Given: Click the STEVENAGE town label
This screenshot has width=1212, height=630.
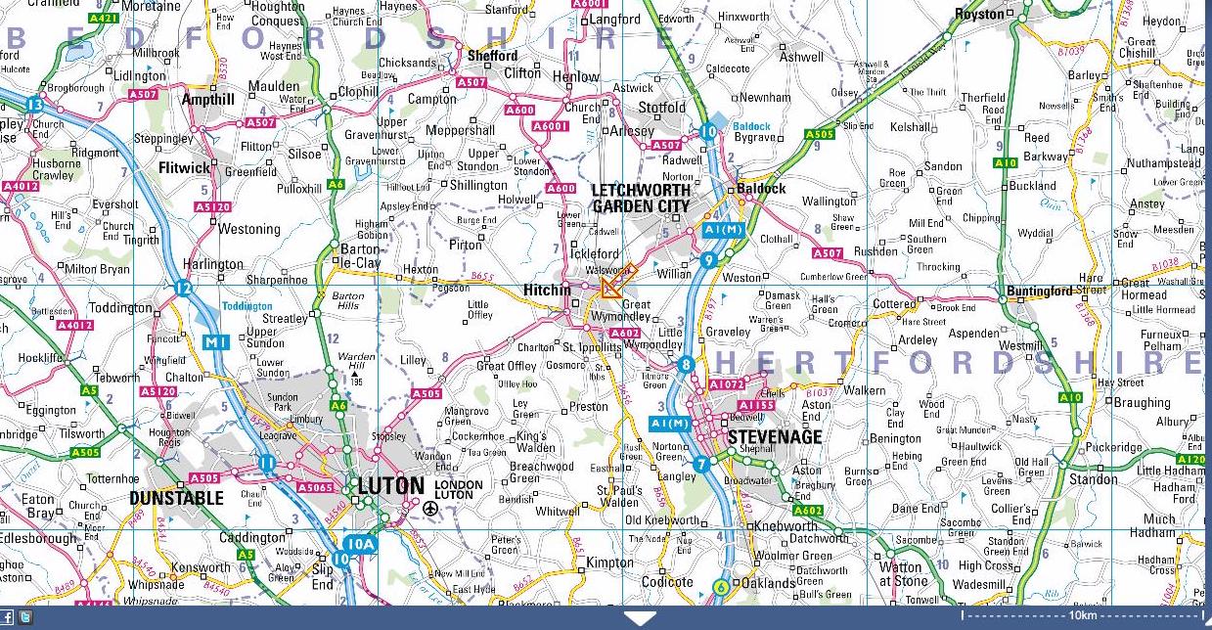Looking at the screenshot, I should click(774, 436).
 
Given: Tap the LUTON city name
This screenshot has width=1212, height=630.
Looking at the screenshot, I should click(390, 486).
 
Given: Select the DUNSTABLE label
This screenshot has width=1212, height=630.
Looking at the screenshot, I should click(176, 498).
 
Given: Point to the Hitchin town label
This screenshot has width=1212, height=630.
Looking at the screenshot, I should click(547, 291).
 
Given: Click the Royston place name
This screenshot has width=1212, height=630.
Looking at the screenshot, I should click(979, 14).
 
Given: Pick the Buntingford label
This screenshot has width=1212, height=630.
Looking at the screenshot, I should click(1041, 291).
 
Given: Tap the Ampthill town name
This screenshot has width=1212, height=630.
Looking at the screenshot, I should click(208, 99).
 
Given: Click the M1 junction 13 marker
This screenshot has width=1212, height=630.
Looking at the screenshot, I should click(35, 105).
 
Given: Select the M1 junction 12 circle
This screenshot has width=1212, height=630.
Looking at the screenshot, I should click(182, 288).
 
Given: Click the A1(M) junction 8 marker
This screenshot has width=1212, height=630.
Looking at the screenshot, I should click(686, 365).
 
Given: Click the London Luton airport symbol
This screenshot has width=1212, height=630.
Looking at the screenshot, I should click(430, 508).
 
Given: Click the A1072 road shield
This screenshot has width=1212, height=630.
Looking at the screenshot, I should click(727, 384).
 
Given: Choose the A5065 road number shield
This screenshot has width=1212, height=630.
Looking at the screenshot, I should click(315, 487).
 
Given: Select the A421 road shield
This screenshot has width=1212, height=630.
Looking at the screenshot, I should click(103, 18).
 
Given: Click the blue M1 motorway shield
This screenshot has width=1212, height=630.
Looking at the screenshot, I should click(216, 342).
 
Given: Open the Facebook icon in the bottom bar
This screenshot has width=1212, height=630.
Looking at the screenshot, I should click(8, 617).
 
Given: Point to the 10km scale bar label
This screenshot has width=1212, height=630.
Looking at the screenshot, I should click(1082, 615).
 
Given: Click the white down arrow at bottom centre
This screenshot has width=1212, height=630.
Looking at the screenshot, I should click(640, 618).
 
